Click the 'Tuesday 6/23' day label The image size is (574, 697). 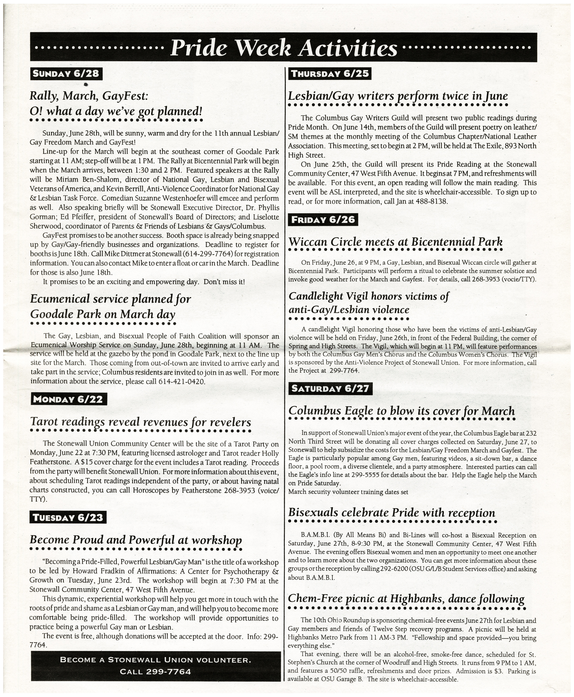68,517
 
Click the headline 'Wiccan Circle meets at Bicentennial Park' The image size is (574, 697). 395,242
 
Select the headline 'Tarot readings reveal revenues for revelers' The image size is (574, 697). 140,422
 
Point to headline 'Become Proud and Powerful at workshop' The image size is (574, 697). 136,540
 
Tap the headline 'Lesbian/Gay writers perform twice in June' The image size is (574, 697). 398,96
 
